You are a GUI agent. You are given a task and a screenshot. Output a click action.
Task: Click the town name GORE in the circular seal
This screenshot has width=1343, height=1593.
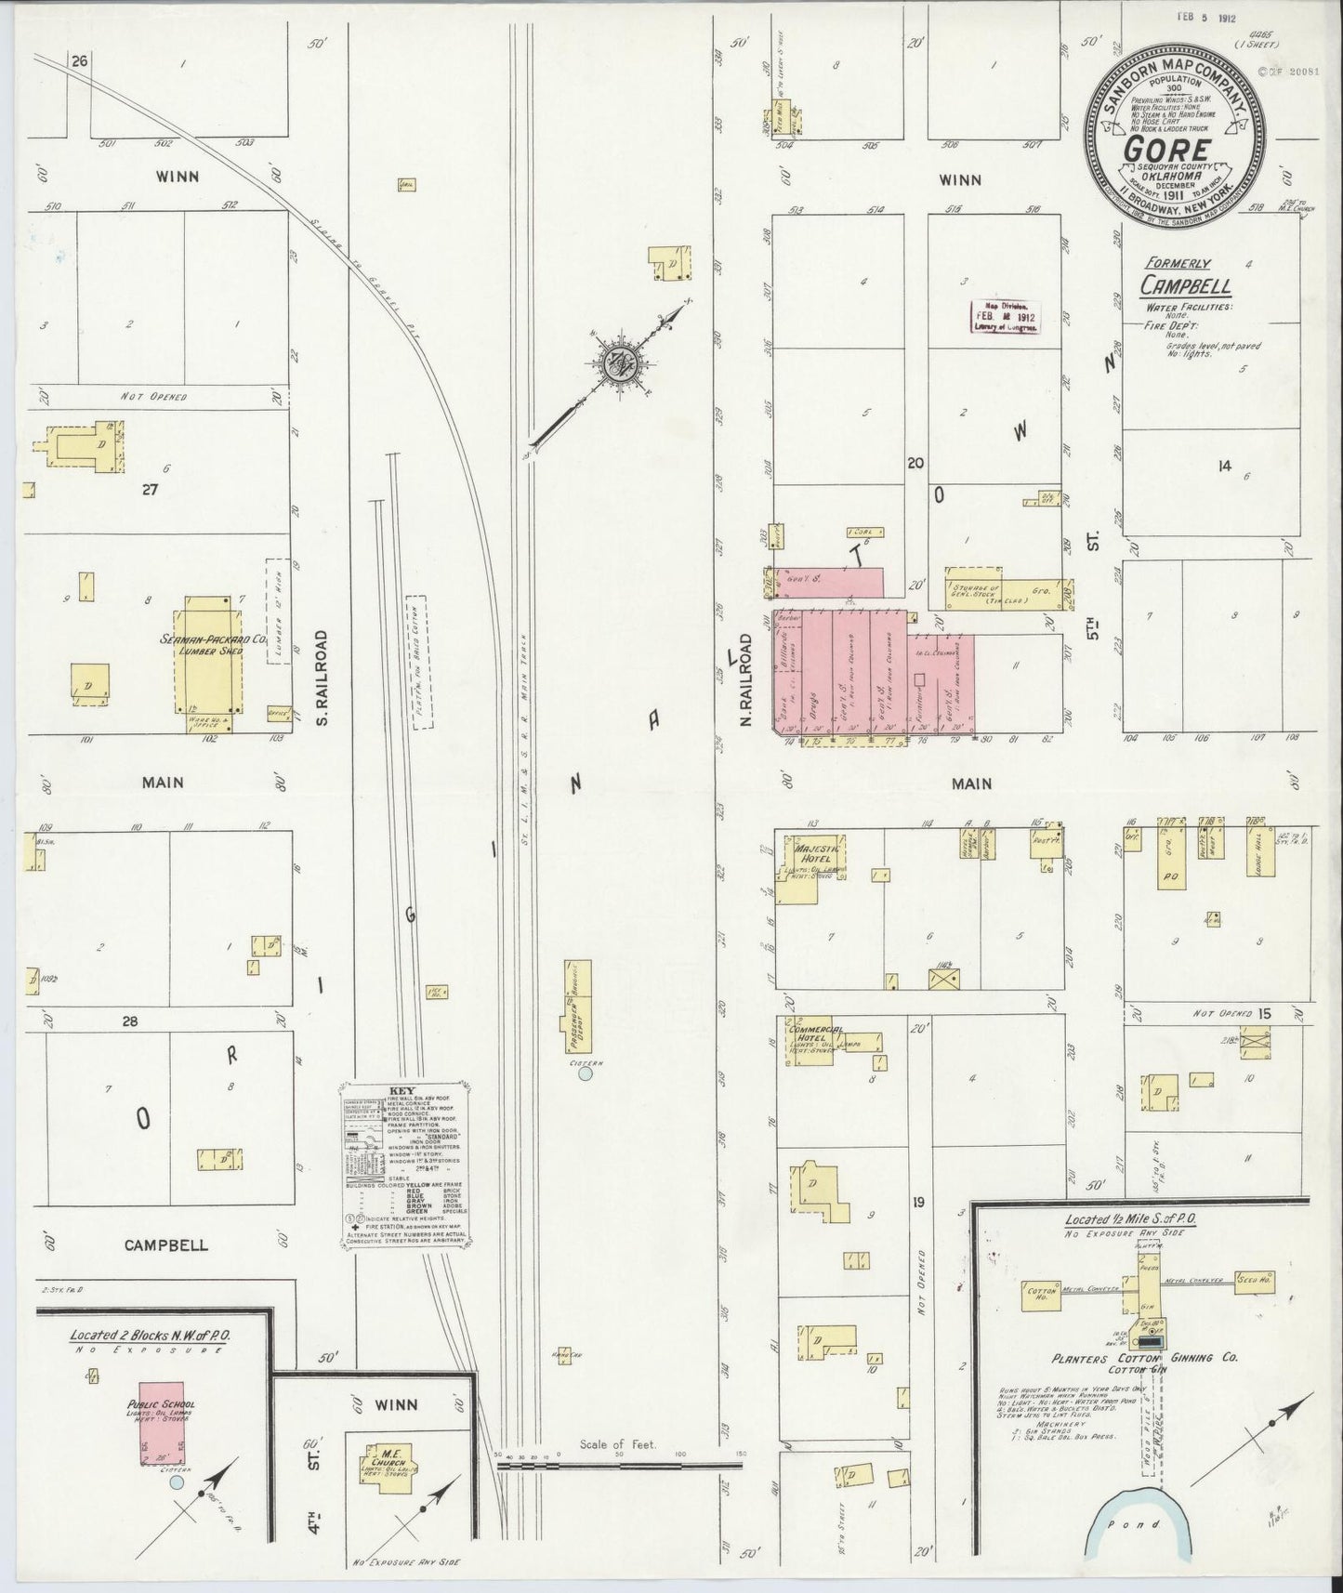coord(1167,150)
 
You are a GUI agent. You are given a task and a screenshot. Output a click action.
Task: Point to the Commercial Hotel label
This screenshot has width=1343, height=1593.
coord(814,1034)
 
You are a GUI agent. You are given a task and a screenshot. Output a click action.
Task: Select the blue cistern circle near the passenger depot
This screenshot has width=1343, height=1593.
coord(586,1073)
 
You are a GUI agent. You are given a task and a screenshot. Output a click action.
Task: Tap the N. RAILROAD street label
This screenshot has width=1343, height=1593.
coord(746,679)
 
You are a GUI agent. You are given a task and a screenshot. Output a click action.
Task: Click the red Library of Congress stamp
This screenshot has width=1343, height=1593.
coord(1007,317)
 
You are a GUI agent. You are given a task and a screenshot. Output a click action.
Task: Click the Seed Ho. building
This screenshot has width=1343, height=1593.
coord(1255,1281)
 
